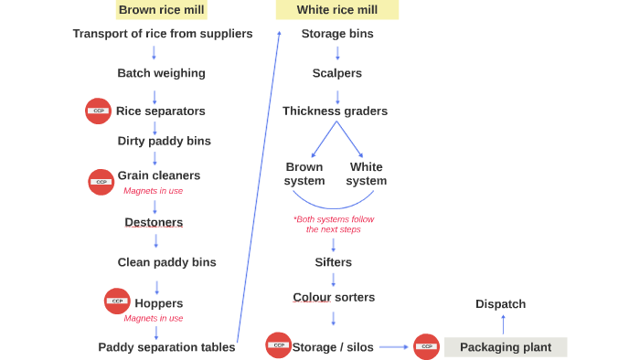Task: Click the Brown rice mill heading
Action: pyautogui.click(x=162, y=10)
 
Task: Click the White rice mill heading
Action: pyautogui.click(x=337, y=10)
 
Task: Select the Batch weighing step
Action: pyautogui.click(x=161, y=73)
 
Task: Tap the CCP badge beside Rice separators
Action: pyautogui.click(x=99, y=111)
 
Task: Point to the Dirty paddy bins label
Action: pyautogui.click(x=164, y=141)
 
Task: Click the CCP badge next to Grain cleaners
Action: pyautogui.click(x=101, y=182)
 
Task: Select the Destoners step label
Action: pyautogui.click(x=154, y=222)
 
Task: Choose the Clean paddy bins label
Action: pyautogui.click(x=166, y=262)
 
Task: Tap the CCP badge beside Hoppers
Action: pyautogui.click(x=116, y=301)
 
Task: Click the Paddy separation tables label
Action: pyautogui.click(x=166, y=347)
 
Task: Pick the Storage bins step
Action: pyautogui.click(x=337, y=34)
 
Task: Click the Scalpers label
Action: pyautogui.click(x=336, y=73)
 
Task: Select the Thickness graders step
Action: pyautogui.click(x=335, y=111)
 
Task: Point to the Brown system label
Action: pyautogui.click(x=304, y=174)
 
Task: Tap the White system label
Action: pyautogui.click(x=367, y=174)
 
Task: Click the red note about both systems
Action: pyautogui.click(x=334, y=224)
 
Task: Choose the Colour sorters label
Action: pyautogui.click(x=334, y=297)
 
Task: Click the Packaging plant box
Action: pyautogui.click(x=505, y=347)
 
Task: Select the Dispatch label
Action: pyautogui.click(x=501, y=304)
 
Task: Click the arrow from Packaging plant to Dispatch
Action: pyautogui.click(x=502, y=325)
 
